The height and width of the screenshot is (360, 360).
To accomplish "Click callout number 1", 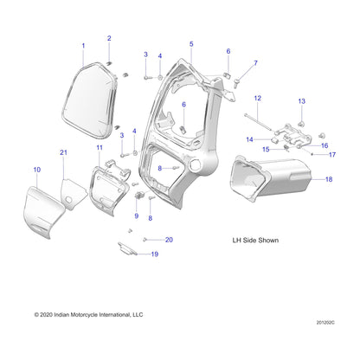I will tap(83, 45).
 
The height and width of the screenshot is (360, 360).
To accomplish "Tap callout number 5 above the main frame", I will tap(191, 43).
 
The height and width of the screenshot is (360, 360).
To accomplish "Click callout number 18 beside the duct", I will tap(328, 179).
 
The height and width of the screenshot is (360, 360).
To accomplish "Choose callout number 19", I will tap(155, 254).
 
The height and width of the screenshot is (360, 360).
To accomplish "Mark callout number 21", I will tap(63, 152).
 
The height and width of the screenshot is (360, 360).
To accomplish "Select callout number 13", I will tap(302, 102).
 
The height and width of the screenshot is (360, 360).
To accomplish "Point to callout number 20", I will tap(170, 240).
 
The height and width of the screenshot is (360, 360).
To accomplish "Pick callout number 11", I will tap(100, 148).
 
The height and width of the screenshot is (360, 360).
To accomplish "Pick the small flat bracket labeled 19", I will tap(129, 250).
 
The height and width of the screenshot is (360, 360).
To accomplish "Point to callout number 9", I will tap(136, 214).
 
